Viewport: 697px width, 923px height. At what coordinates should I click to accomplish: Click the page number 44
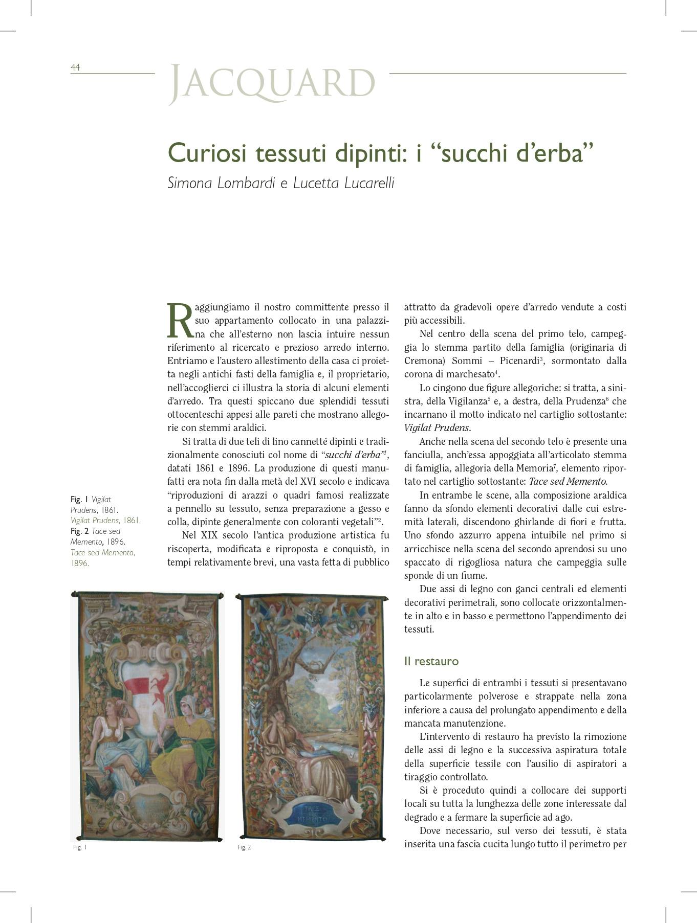[x=75, y=67]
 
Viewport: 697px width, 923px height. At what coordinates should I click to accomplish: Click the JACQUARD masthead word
[x=272, y=83]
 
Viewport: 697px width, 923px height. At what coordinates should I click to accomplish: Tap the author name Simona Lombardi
[x=222, y=183]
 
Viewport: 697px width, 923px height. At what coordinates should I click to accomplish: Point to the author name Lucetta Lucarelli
[x=343, y=183]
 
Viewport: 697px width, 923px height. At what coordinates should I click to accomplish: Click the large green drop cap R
[x=180, y=321]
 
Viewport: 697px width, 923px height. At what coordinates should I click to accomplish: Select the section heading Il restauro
[x=431, y=661]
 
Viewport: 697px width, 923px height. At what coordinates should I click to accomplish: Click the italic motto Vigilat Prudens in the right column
[x=437, y=427]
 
